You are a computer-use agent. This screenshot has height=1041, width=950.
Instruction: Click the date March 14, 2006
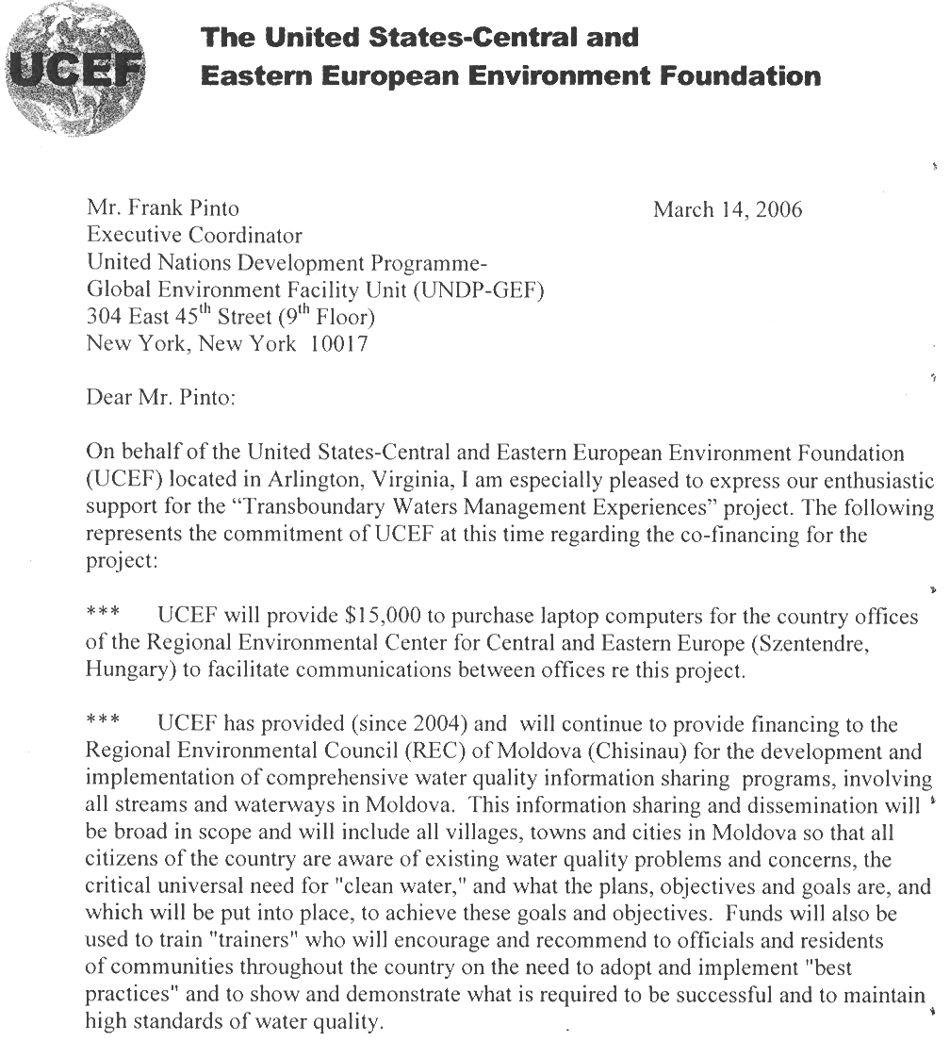[728, 209]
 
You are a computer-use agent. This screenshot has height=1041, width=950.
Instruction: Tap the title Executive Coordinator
[195, 236]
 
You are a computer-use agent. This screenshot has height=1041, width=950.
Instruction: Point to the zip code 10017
[338, 344]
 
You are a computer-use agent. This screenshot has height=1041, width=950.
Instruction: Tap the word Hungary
[124, 673]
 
